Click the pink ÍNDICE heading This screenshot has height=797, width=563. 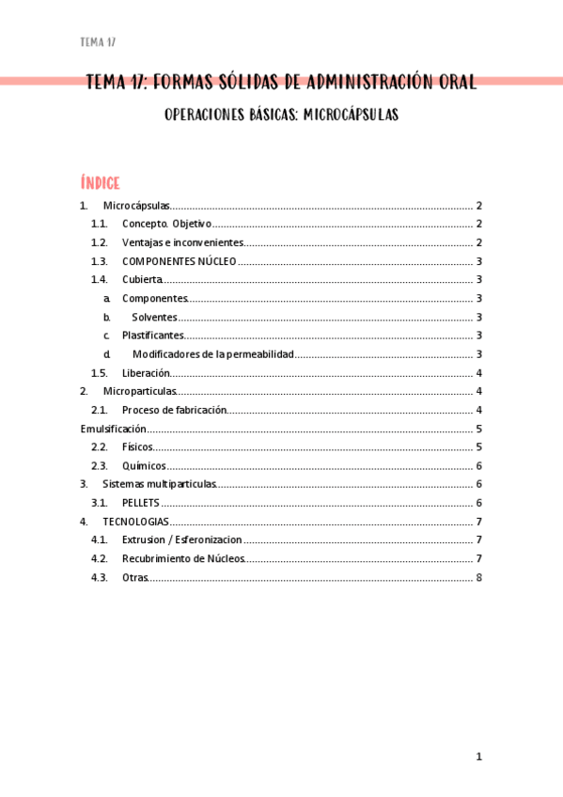click(x=101, y=182)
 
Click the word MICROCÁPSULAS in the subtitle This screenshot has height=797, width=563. click(x=352, y=115)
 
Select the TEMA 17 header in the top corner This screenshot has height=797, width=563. click(x=98, y=42)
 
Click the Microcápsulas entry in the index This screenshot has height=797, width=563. click(x=136, y=206)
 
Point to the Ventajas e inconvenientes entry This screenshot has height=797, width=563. click(x=182, y=242)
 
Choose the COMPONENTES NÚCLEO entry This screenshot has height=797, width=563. click(x=179, y=261)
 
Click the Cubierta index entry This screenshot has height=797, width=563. click(x=142, y=280)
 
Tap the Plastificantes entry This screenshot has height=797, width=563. click(x=152, y=336)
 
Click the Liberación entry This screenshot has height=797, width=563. click(x=146, y=373)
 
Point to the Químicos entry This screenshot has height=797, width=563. click(x=144, y=465)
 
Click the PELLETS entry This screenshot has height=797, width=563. click(x=141, y=503)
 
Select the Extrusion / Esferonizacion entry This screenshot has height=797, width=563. click(x=181, y=539)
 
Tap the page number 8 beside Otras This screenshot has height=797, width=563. click(x=478, y=577)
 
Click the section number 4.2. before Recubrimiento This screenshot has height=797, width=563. click(x=100, y=558)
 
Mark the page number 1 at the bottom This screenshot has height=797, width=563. click(x=478, y=757)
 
